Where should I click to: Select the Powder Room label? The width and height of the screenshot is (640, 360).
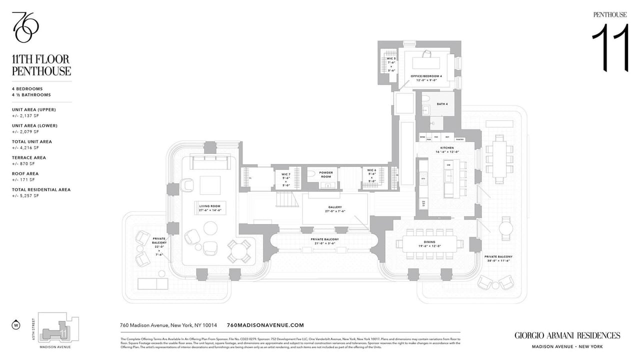pos(325,174)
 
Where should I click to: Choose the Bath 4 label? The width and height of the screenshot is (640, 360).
pos(441,103)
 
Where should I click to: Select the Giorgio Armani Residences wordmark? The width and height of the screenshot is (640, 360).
pos(567,335)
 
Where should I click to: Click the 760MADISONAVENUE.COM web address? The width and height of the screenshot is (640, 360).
pos(265,325)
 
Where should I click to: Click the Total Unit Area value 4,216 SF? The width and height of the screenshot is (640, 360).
pos(25,147)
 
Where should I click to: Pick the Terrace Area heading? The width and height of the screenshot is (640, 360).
pos(29,157)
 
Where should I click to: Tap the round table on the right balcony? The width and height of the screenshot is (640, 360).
pos(505,229)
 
